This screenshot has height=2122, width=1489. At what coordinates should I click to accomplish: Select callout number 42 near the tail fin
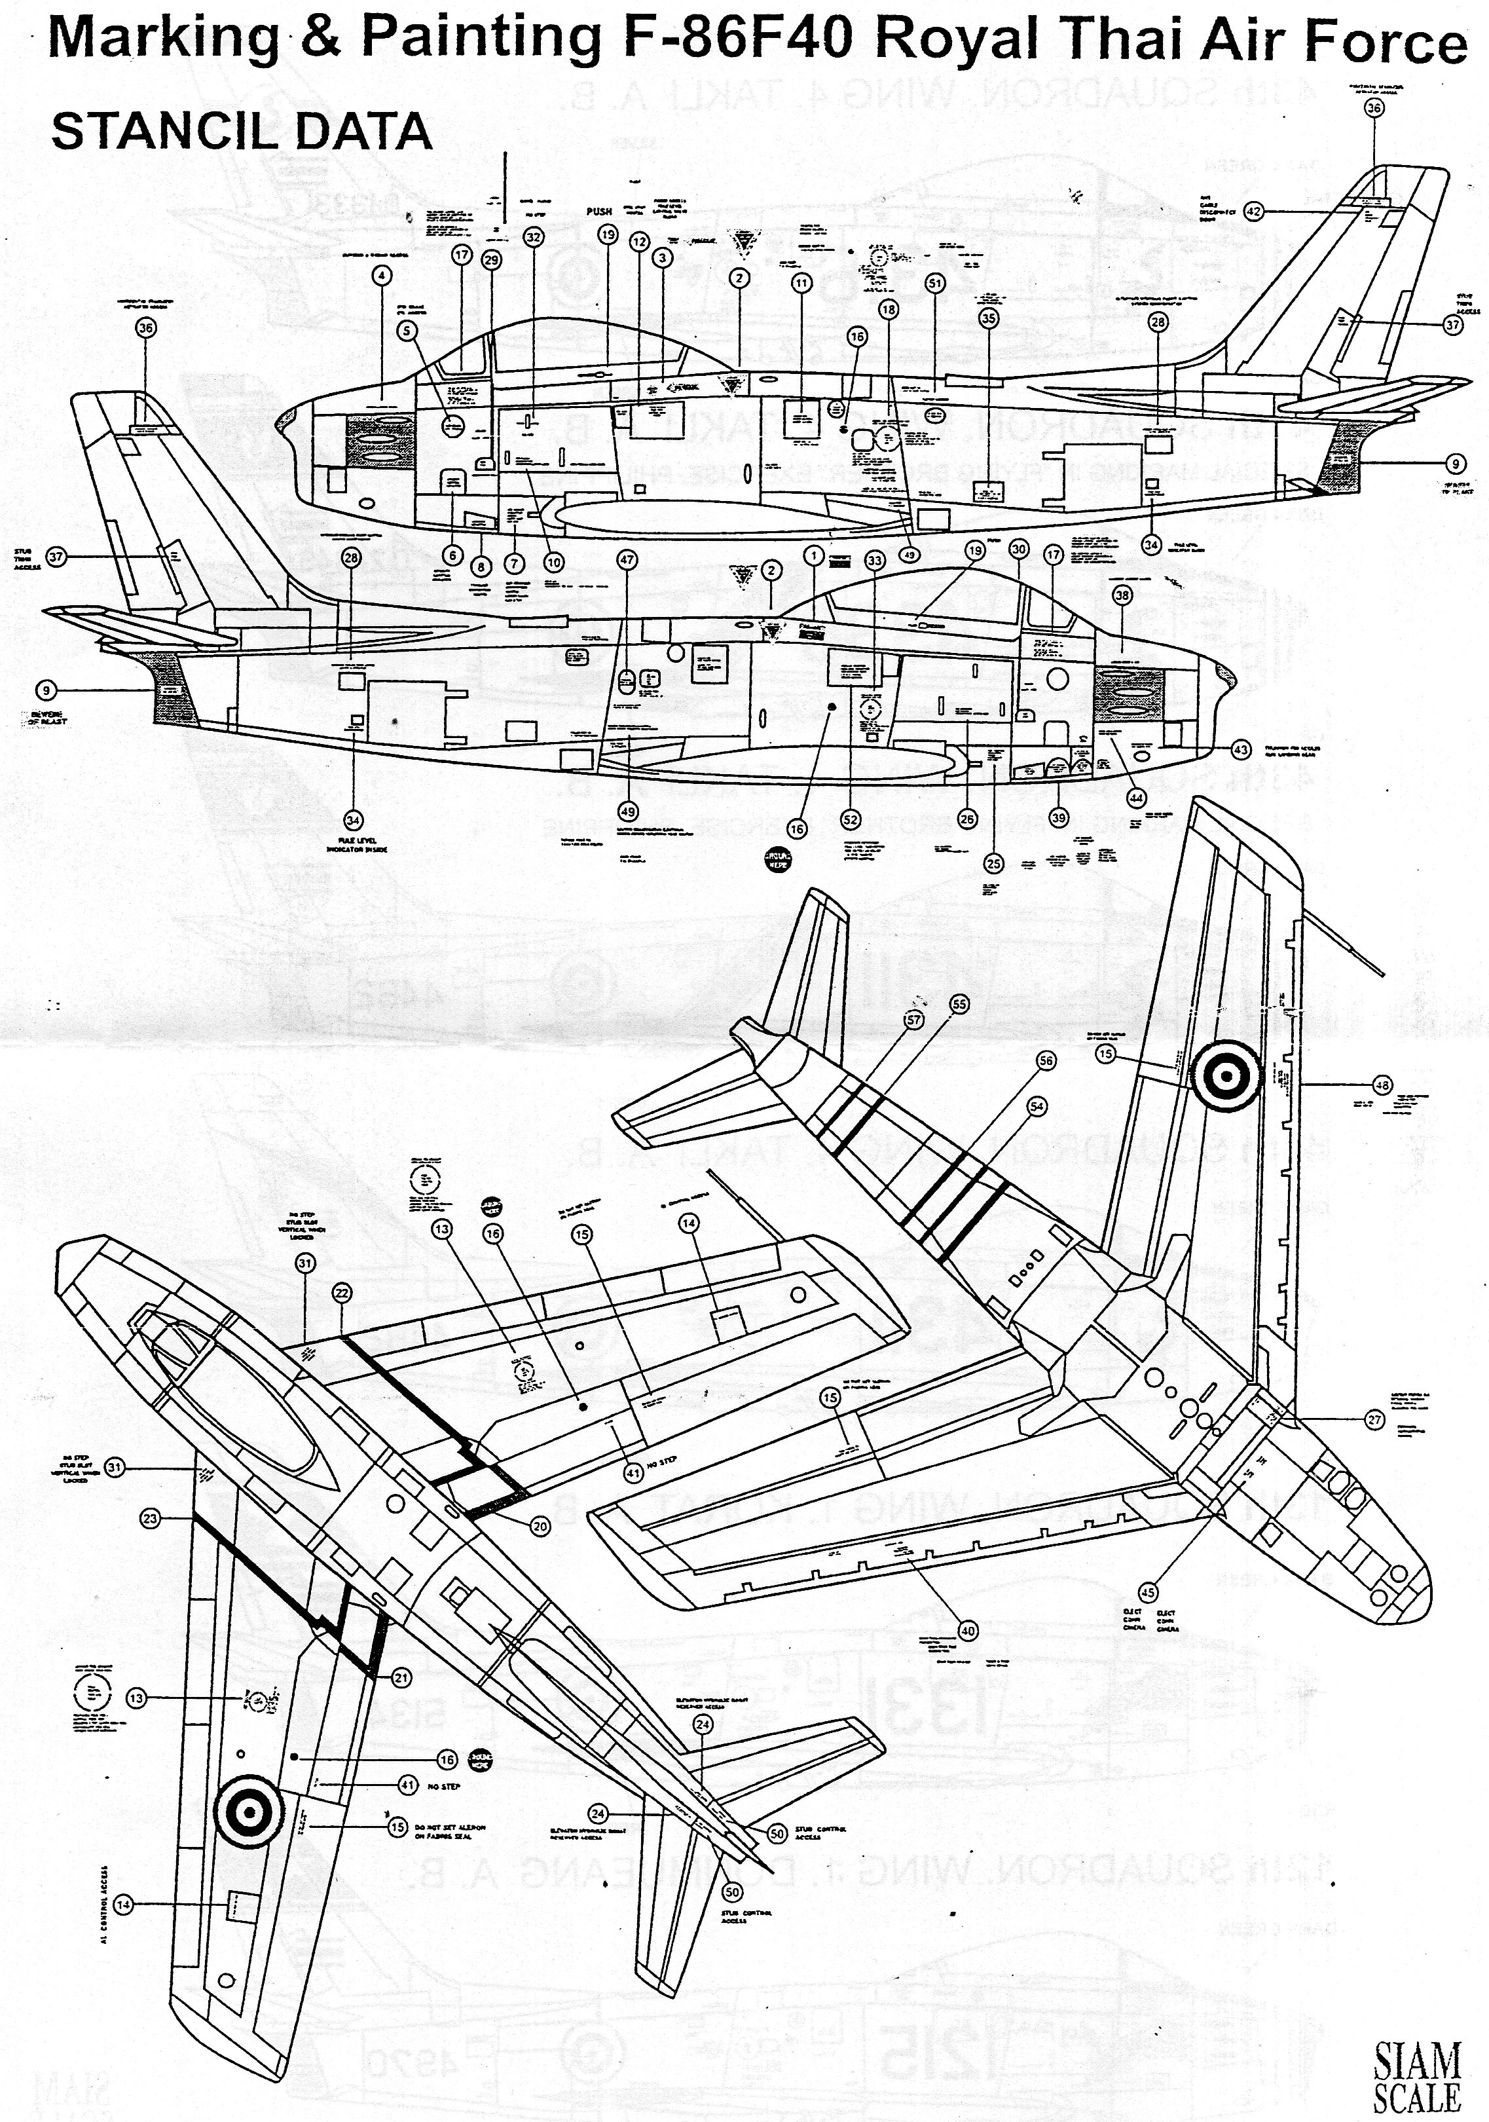pyautogui.click(x=1253, y=211)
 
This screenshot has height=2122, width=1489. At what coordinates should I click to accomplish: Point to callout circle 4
pyautogui.click(x=381, y=274)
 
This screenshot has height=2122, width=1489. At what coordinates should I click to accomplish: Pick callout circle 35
pyautogui.click(x=989, y=319)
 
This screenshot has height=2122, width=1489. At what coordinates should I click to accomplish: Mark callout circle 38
pyautogui.click(x=1122, y=596)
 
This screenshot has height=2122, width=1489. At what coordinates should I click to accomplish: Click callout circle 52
pyautogui.click(x=851, y=819)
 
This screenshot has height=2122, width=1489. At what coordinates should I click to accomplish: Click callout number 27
pyautogui.click(x=1375, y=1420)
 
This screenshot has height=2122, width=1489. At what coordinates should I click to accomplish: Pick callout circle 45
pyautogui.click(x=1148, y=1591)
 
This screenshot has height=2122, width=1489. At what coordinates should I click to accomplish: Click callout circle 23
pyautogui.click(x=151, y=1517)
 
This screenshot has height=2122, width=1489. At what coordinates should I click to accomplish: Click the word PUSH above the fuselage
pyautogui.click(x=600, y=212)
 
